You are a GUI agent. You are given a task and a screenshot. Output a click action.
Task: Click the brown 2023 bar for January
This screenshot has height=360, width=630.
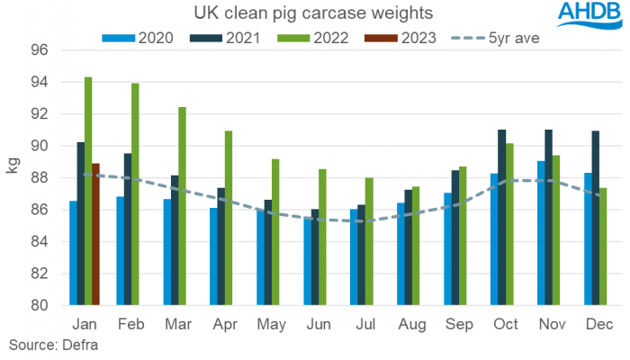[x=96, y=234]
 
